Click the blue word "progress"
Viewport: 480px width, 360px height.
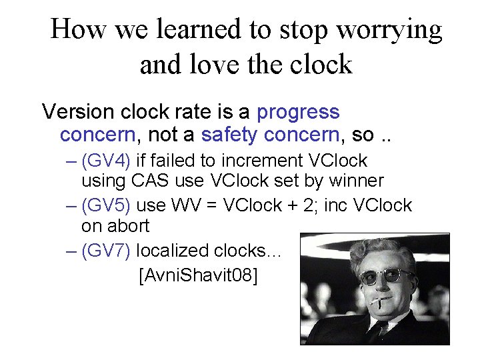tap(298, 112)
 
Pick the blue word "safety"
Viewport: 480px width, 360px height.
tap(229, 135)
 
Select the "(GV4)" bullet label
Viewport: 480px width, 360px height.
tap(107, 161)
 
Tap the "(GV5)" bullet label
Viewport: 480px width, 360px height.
tap(107, 205)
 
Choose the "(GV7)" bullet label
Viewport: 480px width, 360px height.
tap(107, 251)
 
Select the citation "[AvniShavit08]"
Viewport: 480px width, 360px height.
tap(197, 274)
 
